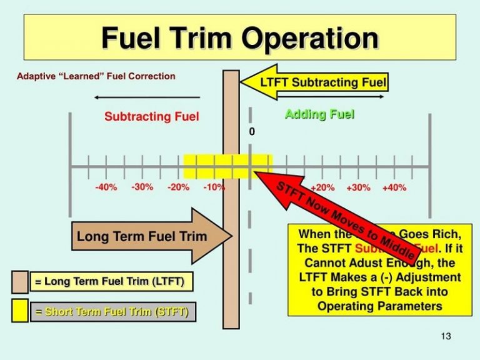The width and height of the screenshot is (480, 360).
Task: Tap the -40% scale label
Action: point(106,187)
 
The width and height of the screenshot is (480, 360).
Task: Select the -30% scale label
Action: point(142,187)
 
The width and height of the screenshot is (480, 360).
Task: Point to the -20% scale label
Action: point(178,187)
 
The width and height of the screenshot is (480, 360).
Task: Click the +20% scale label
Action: point(322,187)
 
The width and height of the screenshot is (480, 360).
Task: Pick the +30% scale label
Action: point(358,187)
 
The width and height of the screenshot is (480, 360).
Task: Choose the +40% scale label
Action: point(394,187)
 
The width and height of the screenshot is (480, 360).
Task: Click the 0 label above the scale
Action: point(252,132)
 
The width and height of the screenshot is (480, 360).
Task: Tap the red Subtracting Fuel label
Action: point(151,117)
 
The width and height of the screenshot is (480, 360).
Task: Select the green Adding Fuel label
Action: point(319,114)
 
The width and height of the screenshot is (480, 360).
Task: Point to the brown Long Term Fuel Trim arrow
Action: point(150,236)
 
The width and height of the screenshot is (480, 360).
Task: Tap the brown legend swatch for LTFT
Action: point(20,282)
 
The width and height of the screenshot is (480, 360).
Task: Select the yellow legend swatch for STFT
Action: point(20,311)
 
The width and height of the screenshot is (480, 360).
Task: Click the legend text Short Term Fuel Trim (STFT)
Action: point(112,311)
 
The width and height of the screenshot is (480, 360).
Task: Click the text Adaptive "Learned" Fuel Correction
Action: point(96,77)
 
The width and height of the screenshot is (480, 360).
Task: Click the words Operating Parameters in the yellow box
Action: point(379,306)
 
